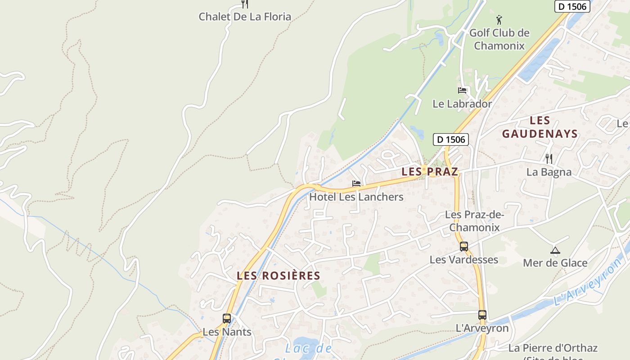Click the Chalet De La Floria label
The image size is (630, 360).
coord(245,17)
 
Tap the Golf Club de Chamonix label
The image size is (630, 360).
coord(499,39)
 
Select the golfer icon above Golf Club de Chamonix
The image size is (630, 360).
coord(499,20)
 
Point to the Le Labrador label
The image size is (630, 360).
coord(462,104)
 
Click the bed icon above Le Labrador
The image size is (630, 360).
coord(462,90)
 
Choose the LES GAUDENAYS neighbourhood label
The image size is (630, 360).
coord(540,127)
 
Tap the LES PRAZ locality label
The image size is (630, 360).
coord(430,171)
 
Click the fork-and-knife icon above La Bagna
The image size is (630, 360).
coord(549,158)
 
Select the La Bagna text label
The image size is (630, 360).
coord(549,172)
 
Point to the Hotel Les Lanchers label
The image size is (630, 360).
coord(356,197)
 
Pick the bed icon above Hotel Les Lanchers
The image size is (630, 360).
coord(356,184)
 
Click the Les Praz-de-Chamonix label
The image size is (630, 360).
coord(474,221)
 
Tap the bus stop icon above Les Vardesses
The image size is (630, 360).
coord(464,247)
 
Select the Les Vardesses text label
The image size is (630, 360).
coord(463,260)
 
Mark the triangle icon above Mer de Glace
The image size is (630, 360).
coord(555,250)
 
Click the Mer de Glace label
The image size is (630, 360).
coord(555,263)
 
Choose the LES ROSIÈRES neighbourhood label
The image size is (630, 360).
coord(279,276)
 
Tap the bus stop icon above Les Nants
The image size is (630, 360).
coord(227,319)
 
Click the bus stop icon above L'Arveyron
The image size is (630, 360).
coord(482,315)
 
